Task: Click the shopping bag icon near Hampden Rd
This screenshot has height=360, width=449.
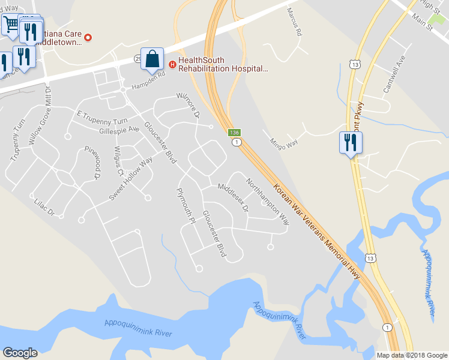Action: [x=152, y=59]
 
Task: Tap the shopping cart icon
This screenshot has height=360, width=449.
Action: [x=11, y=25]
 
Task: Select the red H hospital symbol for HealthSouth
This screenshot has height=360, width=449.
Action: [x=172, y=65]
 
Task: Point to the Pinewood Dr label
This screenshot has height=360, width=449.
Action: [x=91, y=163]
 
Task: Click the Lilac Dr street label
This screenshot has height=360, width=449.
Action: [x=44, y=208]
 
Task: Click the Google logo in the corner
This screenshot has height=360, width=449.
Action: [x=20, y=353]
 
